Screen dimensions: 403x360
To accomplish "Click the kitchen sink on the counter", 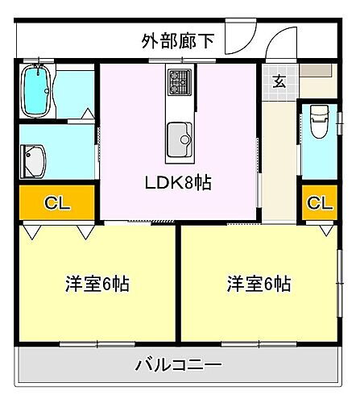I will (x=178, y=137).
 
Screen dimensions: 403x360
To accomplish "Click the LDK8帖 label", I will (x=178, y=182).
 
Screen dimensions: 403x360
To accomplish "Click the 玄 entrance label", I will (x=278, y=80).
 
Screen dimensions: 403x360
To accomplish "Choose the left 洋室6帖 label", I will (x=97, y=285).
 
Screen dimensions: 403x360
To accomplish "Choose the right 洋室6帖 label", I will (x=259, y=285).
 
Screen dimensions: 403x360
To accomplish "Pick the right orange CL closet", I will (x=319, y=203).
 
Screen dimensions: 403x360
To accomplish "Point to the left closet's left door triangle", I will (x=31, y=231).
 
